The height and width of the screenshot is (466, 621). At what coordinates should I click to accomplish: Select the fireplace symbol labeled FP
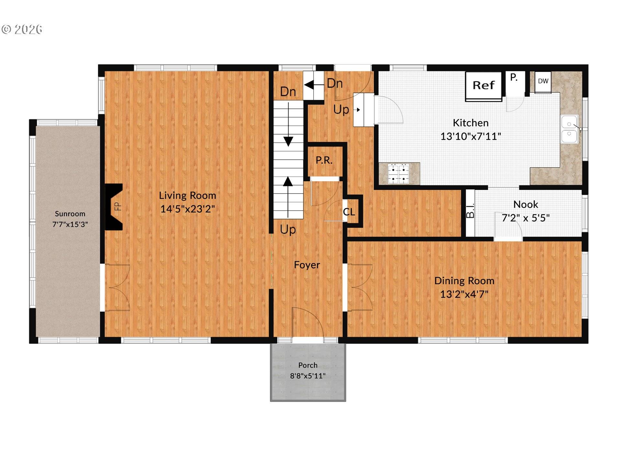[x=114, y=206]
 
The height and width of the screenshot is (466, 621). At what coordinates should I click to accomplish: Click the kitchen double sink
[x=570, y=129]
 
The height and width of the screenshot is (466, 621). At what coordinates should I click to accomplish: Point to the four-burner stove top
[x=398, y=173]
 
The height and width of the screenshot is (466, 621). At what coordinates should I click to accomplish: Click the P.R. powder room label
[x=324, y=161]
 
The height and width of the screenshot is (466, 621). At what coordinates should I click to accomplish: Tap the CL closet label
[x=349, y=212]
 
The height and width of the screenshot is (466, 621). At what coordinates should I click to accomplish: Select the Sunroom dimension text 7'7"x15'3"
[x=70, y=224]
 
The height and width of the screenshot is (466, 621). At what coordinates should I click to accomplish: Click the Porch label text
[x=308, y=365]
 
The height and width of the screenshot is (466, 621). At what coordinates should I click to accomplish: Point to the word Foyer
[x=307, y=265]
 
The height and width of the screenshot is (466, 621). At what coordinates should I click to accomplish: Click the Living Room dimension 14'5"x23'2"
[x=187, y=209]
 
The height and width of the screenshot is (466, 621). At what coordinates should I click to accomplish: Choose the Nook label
[x=526, y=205]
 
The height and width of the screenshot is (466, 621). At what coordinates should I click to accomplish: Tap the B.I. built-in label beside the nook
[x=470, y=210]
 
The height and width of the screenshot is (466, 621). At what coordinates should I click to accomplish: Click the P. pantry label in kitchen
[x=514, y=77]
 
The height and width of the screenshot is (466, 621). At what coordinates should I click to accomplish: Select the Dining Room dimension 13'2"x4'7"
[x=464, y=294]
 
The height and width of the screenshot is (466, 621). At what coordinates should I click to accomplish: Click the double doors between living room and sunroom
[x=117, y=287]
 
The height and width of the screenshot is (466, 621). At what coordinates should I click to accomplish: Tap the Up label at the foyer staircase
[x=288, y=229]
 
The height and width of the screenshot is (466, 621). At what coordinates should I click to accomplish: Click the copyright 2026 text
[x=22, y=29]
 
